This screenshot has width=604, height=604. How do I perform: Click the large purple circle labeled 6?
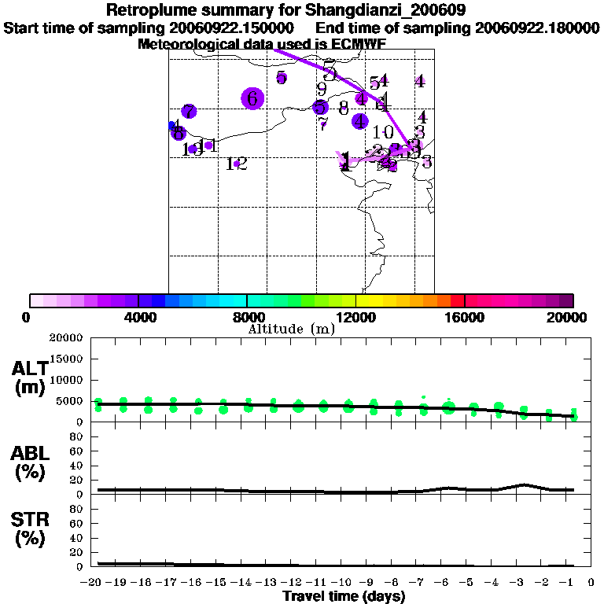pyautogui.click(x=252, y=98)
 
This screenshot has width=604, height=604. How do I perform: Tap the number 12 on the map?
pyautogui.click(x=237, y=164)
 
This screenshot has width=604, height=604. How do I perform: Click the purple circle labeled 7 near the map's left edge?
pyautogui.click(x=189, y=112)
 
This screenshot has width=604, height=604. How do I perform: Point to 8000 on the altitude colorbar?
pyautogui.click(x=246, y=317)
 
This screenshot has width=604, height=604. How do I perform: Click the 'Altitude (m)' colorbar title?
pyautogui.click(x=291, y=329)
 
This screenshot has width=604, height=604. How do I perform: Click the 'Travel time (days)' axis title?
pyautogui.click(x=344, y=597)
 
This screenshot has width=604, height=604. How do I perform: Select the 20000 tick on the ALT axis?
pyautogui.click(x=66, y=338)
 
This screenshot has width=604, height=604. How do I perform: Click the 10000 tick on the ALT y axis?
pyautogui.click(x=66, y=380)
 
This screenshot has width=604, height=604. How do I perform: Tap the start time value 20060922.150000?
pyautogui.click(x=232, y=28)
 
